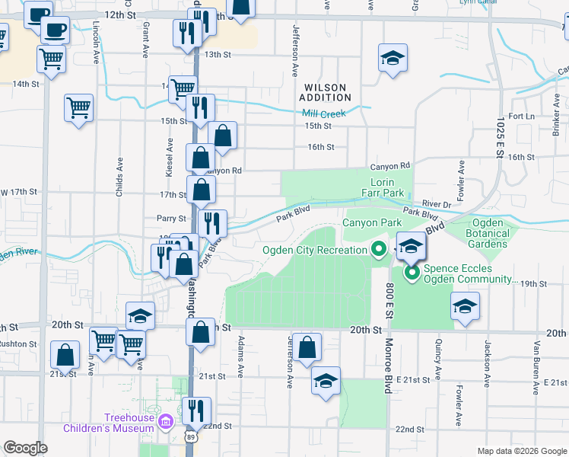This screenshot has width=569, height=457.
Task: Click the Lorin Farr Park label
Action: (387, 187)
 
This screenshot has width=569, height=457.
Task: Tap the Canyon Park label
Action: (371, 222)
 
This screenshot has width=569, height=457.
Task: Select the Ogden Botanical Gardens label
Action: (484, 233)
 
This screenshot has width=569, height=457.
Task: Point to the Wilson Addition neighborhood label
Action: (325, 92)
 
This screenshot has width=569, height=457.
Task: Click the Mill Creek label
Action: (323, 113)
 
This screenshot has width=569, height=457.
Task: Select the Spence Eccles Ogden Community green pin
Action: (412, 272)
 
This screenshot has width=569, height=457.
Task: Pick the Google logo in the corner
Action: (25, 448)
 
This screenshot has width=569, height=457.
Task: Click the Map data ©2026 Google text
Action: (521, 451)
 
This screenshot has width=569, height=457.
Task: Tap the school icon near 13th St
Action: (393, 58)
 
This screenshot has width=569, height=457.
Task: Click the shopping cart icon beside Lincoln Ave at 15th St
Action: (79, 108)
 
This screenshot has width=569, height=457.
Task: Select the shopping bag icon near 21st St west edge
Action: (65, 354)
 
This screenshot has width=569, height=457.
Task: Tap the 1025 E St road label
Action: (499, 138)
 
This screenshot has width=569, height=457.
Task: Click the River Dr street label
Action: (437, 204)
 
